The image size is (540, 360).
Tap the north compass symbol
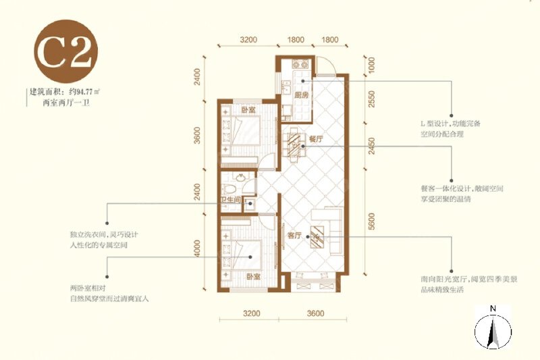click(493, 331)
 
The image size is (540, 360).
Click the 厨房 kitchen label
click(301, 95)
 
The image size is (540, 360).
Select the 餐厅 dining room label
click(316, 138)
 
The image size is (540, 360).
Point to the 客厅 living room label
click(294, 236)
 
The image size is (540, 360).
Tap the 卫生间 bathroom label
click(231, 200)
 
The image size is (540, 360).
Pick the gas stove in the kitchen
click(300, 66)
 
